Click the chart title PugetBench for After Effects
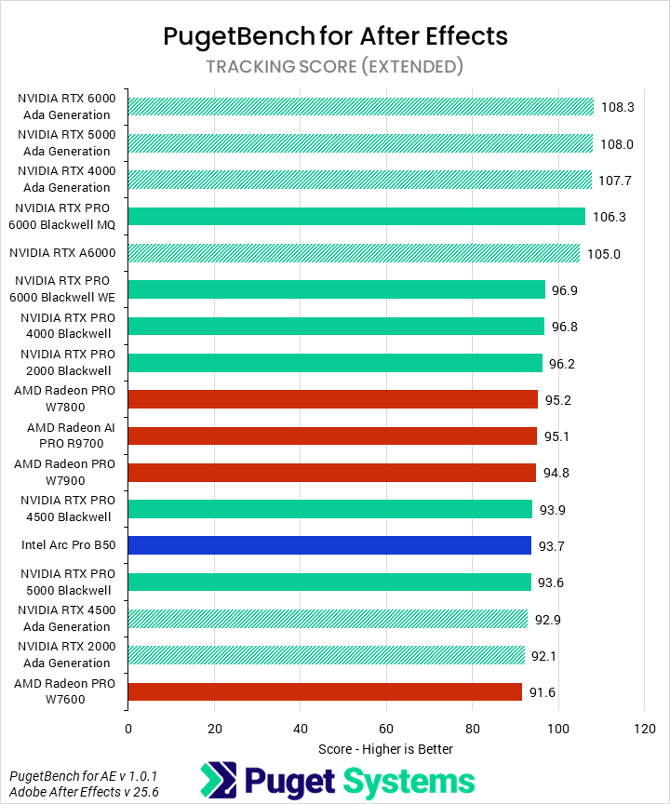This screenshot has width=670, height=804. click(335, 36)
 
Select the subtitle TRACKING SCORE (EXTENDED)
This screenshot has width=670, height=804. click(335, 66)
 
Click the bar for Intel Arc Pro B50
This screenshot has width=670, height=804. click(329, 545)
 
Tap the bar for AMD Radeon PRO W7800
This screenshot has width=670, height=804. click(332, 399)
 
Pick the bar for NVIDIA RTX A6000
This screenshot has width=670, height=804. click(354, 253)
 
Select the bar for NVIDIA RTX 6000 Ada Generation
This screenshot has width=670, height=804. click(360, 107)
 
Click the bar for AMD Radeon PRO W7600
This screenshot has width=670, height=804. click(325, 691)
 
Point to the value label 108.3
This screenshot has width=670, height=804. click(618, 107)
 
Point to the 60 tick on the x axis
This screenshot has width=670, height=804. click(386, 728)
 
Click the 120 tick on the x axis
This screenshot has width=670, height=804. click(644, 728)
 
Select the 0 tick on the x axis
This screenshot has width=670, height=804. click(128, 728)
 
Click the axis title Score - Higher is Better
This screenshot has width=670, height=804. click(385, 749)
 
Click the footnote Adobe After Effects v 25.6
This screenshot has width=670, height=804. click(72, 792)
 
